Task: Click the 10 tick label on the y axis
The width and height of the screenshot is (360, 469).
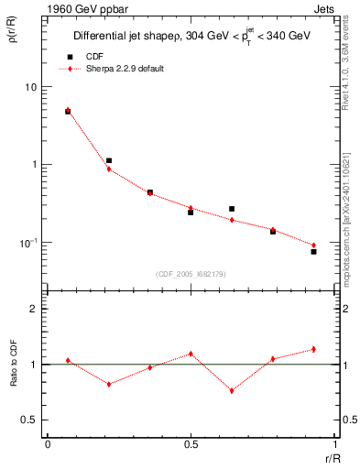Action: (x=31, y=87)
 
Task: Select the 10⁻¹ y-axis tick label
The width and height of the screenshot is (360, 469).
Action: (x=29, y=242)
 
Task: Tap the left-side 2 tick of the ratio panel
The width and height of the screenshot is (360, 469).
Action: (x=34, y=309)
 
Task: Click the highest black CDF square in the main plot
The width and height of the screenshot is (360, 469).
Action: (x=68, y=111)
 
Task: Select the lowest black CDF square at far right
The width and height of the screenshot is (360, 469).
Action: (x=313, y=251)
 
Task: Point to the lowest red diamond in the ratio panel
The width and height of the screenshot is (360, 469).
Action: (x=232, y=390)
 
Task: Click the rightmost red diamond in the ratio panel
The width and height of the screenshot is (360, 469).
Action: (x=313, y=349)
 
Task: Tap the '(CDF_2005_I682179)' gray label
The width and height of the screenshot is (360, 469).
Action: (x=191, y=272)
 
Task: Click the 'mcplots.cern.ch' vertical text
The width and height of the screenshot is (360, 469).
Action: (x=347, y=235)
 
